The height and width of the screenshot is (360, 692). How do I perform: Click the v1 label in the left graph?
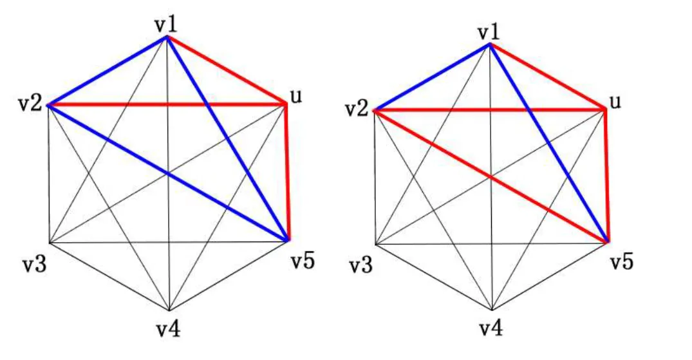[166, 24]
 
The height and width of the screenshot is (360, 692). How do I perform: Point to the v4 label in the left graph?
[169, 329]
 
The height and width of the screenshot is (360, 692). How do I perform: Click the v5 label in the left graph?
[301, 262]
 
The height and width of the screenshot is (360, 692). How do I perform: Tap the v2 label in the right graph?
[355, 110]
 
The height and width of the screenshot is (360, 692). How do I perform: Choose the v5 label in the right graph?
[622, 262]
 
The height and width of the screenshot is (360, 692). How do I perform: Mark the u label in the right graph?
[616, 102]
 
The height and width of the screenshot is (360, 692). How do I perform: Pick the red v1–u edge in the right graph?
[548, 77]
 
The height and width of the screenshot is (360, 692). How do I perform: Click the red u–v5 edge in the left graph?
[287, 172]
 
